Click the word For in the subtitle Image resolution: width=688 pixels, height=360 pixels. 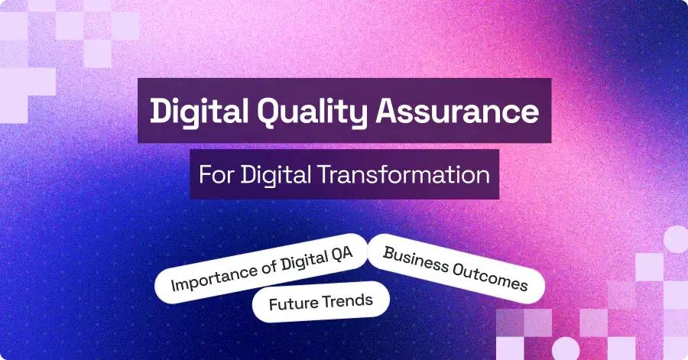(216, 174)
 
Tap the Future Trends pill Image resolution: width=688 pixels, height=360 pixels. (321, 302)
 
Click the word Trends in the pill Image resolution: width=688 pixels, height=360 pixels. (348, 300)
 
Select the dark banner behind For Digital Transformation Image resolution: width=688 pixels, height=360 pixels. (344, 175)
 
